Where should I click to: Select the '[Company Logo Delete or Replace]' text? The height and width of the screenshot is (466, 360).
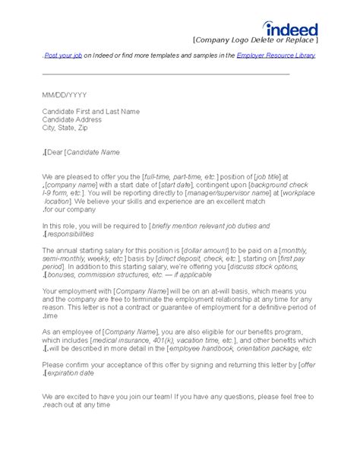point(254,40)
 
